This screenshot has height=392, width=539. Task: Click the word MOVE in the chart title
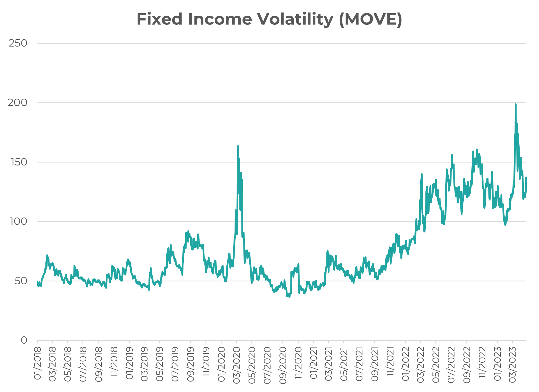point(371,19)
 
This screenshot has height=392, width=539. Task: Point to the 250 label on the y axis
point(18,43)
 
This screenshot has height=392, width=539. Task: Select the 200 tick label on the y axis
point(17,103)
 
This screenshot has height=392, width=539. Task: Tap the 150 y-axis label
point(18,162)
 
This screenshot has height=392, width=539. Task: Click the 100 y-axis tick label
point(18,222)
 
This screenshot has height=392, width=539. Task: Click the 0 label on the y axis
point(24,340)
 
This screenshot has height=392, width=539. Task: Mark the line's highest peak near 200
point(516,104)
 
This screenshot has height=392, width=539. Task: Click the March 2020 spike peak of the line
point(238,146)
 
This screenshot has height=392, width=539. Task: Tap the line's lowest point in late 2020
point(289,297)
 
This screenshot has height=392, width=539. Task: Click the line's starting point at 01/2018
point(38,282)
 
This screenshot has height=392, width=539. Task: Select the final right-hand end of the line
point(526,178)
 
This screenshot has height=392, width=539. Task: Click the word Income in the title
point(220,19)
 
